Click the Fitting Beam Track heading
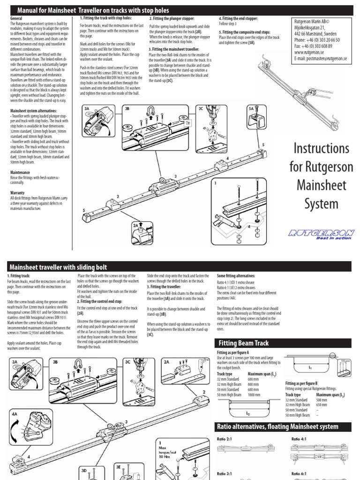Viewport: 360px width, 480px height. coord(242,344)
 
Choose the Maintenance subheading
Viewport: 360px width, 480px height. coord(21,172)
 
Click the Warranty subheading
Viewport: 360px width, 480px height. coord(17,193)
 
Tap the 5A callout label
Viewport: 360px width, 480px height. coord(251,108)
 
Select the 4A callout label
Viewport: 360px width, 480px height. coord(15,414)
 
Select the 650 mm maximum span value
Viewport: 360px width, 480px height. coord(322,404)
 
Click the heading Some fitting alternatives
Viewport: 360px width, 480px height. coord(236,276)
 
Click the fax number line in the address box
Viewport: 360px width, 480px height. coord(313,46)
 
